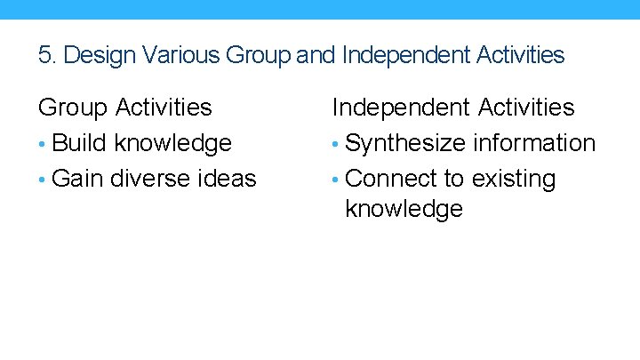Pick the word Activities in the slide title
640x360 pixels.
[522, 55]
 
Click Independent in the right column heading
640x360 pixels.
[400, 108]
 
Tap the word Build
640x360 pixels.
[81, 143]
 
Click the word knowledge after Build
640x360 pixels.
[173, 143]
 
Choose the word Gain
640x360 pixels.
[78, 179]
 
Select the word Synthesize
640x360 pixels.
[405, 143]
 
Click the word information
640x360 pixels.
[534, 143]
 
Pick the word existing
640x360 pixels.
[514, 179]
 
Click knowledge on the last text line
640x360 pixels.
[404, 209]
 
